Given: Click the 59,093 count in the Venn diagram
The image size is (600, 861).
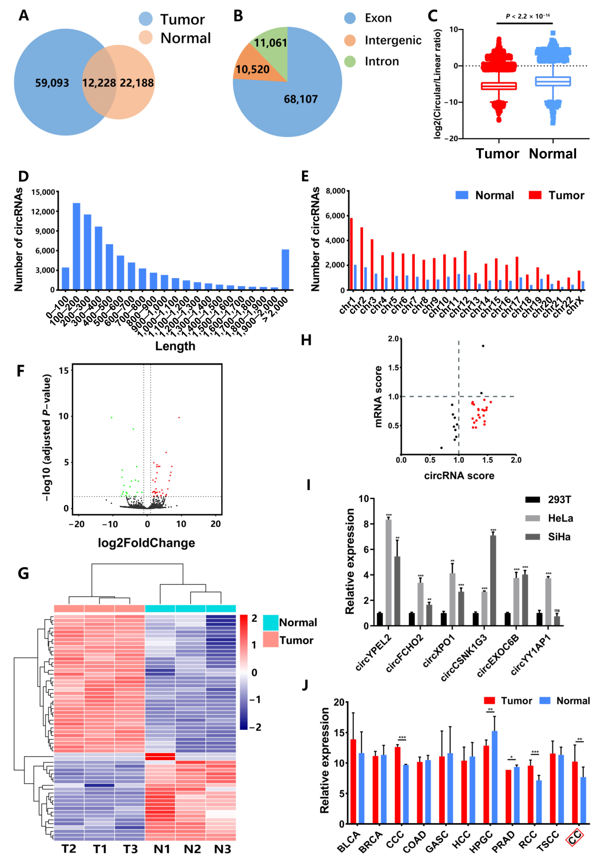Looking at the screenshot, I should point(52,83).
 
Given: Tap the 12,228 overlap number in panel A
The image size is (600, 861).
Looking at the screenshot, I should point(99,83).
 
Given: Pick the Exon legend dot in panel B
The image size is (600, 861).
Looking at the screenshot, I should point(350,18).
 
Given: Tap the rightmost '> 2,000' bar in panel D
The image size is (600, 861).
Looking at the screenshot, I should point(285,269).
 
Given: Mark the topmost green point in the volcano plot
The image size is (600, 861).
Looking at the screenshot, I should point(111,417).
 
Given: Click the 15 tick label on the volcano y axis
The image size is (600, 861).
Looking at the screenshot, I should point(64,371).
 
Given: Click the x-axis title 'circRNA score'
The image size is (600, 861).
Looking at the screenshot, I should point(459,476).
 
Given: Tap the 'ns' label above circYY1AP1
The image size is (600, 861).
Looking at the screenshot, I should point(557,610).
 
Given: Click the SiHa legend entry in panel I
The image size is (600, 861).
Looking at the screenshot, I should point(559,537).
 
